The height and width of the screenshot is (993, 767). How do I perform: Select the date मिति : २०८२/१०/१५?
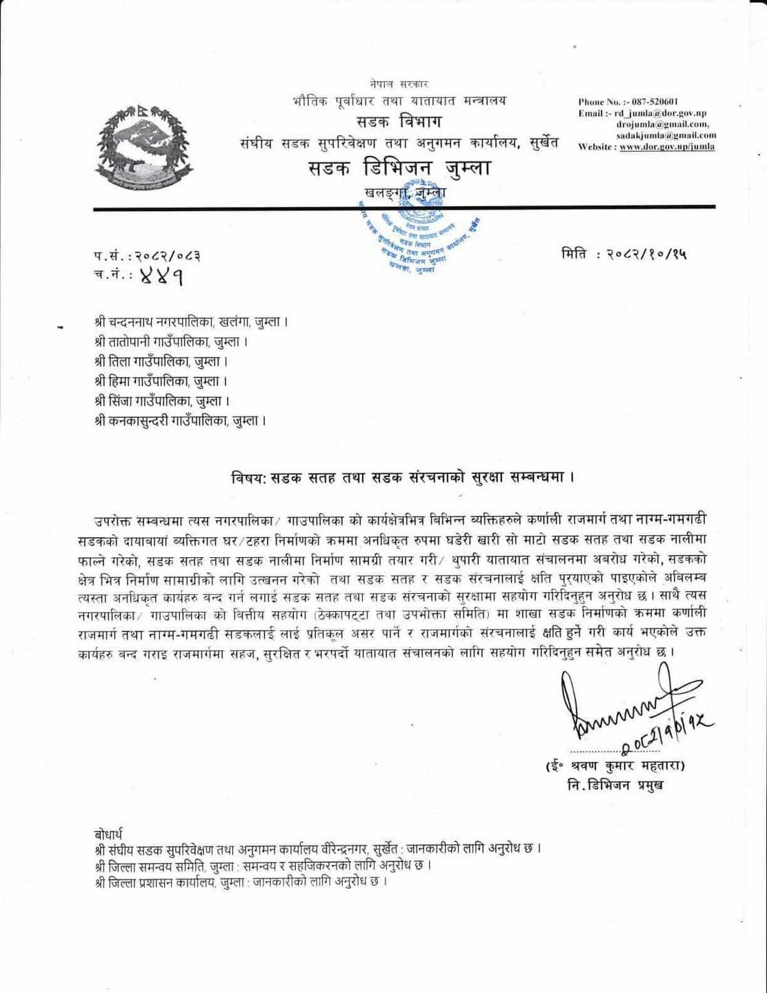click(624, 255)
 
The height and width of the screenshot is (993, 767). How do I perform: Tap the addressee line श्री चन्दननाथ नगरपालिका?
click(191, 322)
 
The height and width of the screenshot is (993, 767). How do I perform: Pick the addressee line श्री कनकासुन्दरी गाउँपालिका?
click(180, 420)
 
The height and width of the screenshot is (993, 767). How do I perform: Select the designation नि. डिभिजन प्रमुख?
click(612, 786)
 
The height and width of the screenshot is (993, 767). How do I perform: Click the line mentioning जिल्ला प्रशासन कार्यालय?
click(240, 883)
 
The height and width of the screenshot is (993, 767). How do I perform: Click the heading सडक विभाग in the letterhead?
click(399, 122)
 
